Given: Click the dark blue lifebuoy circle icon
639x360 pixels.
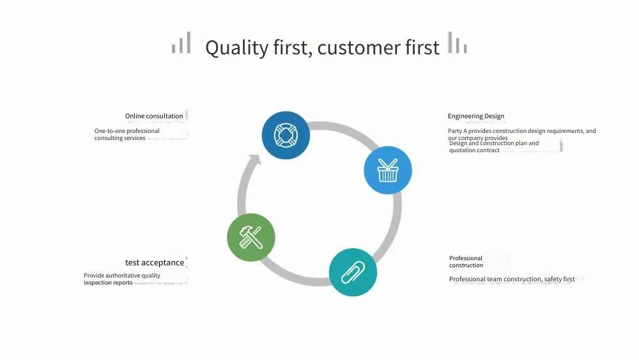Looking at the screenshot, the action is (x=286, y=136).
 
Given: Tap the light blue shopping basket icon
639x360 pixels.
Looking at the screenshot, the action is (x=388, y=170).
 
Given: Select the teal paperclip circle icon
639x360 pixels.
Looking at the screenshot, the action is (x=353, y=272).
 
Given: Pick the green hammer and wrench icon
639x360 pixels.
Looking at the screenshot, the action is (x=251, y=237).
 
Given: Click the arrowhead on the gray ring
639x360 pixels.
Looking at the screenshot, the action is (x=255, y=159).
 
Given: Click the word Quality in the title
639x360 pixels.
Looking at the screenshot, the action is (x=237, y=48).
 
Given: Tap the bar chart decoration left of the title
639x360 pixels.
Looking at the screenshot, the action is (x=181, y=42).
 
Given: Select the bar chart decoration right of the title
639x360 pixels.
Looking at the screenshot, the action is (x=458, y=42).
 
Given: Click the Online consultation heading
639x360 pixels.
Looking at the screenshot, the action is (x=154, y=116).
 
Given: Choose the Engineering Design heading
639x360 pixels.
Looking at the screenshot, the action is (x=476, y=116).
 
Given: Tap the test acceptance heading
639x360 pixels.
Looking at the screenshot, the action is (x=155, y=263).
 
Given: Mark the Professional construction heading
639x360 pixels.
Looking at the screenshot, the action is (x=466, y=262).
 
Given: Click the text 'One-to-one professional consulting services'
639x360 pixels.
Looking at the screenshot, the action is (x=127, y=134).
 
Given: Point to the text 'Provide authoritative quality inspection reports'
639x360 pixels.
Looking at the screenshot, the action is (x=122, y=279).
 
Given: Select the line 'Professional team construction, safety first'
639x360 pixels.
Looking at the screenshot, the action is (x=512, y=279).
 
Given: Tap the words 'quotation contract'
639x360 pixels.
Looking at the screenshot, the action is (x=474, y=150).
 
